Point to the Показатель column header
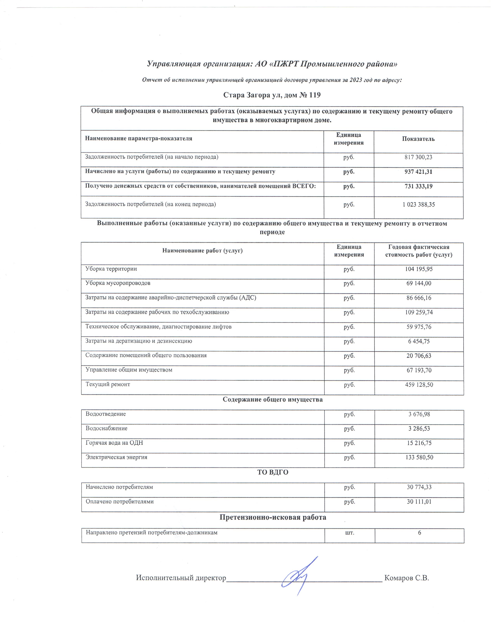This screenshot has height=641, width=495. coord(418,139)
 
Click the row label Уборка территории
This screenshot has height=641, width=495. coord(111,269)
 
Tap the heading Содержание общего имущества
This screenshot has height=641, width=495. coord(272,399)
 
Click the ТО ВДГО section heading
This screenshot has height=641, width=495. coord(272,472)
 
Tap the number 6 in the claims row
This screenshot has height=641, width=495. coord(419,533)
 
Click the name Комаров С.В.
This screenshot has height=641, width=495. coord(406,578)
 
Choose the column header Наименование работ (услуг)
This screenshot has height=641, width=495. coord(202,251)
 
